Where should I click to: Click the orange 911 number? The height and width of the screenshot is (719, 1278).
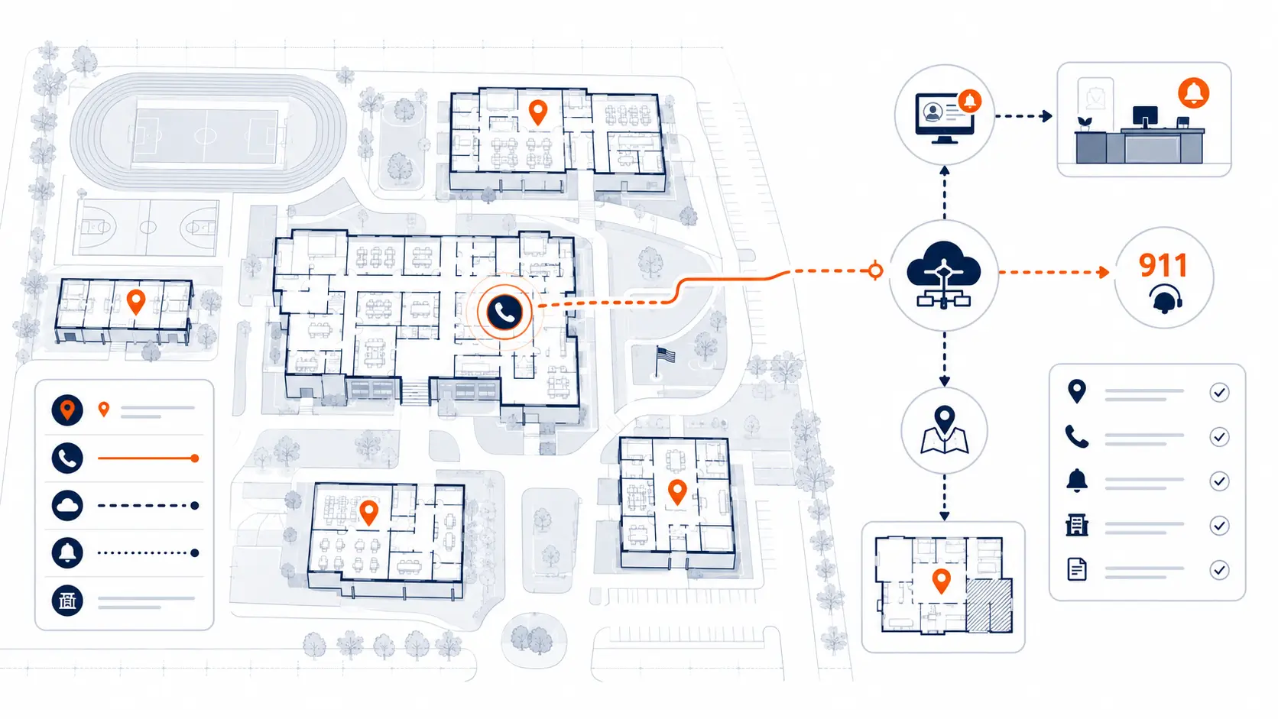[x=1163, y=265]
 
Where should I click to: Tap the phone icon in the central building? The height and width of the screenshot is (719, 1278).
[x=504, y=313]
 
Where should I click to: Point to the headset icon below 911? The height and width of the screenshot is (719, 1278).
[x=1164, y=298]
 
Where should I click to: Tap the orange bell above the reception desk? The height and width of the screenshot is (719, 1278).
[x=1194, y=93]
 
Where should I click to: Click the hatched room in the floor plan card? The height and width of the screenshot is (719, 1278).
[x=989, y=605]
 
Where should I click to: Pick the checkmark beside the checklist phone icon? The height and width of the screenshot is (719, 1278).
[x=1219, y=437]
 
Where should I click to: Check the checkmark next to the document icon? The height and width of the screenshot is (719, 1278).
[x=1219, y=570]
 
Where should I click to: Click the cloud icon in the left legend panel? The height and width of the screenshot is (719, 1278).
[x=67, y=505]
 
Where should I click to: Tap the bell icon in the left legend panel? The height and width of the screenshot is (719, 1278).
[x=67, y=552]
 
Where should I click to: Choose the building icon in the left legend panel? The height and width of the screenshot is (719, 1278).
[x=67, y=601]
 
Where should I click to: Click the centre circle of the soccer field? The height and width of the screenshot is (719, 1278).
[x=206, y=136]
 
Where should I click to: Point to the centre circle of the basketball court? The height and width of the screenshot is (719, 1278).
[x=148, y=227]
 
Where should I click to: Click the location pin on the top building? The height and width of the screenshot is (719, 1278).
[x=538, y=112]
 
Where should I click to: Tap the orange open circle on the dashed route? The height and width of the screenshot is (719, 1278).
[x=875, y=270]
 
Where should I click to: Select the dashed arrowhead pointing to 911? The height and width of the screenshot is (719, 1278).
[x=1104, y=272]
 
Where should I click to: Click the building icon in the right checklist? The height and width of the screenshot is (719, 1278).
[x=1077, y=525]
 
